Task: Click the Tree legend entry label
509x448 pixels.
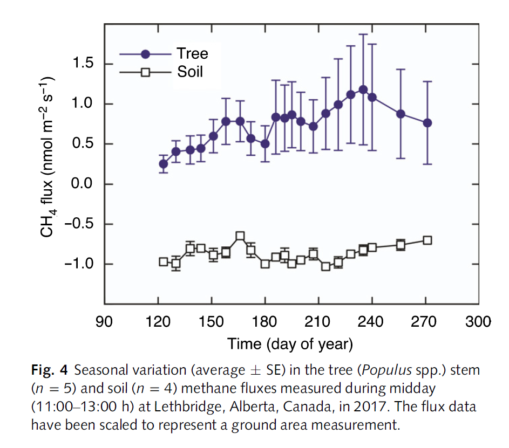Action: tap(192, 53)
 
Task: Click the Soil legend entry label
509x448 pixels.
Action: tap(191, 71)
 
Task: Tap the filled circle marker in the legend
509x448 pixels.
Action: tap(146, 54)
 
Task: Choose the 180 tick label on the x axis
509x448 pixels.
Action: tap(264, 322)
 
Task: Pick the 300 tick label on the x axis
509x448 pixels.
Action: tap(478, 322)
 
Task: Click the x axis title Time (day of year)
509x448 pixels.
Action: tap(290, 343)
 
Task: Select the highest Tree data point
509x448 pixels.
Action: tap(363, 89)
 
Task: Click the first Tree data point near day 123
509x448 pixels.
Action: tap(163, 163)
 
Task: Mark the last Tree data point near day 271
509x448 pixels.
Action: tap(427, 123)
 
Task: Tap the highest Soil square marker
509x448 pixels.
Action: tap(240, 236)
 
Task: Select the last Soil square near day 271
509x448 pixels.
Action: tap(427, 240)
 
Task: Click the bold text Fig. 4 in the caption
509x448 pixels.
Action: tap(49, 370)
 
